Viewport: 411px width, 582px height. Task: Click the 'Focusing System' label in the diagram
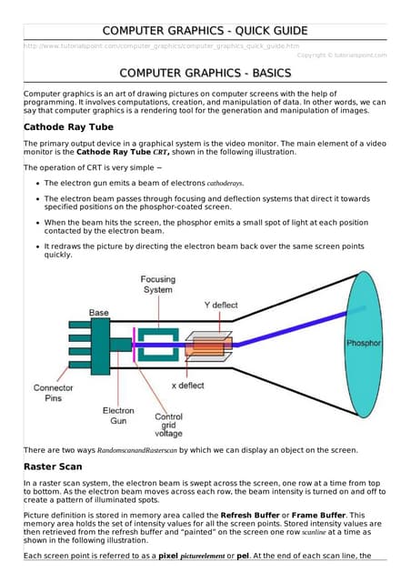(158, 285)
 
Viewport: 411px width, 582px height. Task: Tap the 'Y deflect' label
(221, 306)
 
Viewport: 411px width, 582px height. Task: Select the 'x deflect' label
(188, 386)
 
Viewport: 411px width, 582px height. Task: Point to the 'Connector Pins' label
(53, 393)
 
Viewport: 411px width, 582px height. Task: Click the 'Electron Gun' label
(118, 416)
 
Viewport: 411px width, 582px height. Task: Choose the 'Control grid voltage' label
(168, 425)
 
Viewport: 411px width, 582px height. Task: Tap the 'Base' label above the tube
(99, 313)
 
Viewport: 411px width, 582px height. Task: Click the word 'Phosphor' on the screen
(364, 343)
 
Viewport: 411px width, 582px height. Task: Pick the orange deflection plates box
(208, 346)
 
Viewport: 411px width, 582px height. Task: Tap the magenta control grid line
(134, 346)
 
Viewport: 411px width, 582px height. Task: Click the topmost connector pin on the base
(80, 325)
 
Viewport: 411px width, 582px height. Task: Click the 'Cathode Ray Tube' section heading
(68, 127)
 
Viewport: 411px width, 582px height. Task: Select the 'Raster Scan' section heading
(53, 467)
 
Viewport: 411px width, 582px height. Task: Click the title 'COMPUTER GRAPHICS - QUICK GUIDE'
(205, 31)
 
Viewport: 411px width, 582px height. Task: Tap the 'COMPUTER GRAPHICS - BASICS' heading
(205, 73)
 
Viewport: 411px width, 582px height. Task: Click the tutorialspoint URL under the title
(161, 46)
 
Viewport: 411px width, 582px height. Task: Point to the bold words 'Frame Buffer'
(318, 516)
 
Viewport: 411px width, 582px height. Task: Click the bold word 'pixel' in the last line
(168, 556)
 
